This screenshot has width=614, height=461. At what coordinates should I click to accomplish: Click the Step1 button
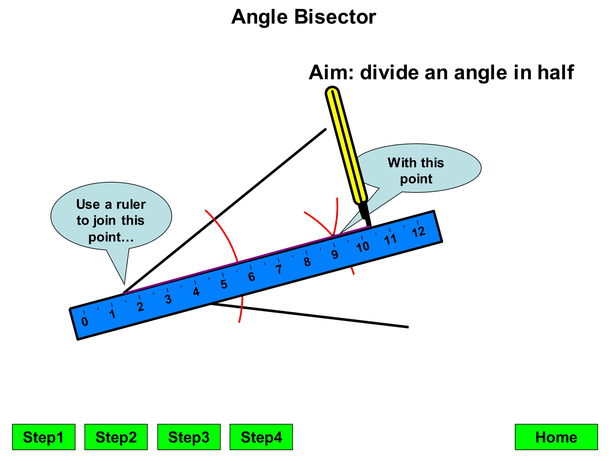click(43, 437)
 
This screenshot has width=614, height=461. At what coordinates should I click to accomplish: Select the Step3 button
click(189, 437)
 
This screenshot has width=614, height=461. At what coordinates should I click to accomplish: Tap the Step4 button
click(261, 437)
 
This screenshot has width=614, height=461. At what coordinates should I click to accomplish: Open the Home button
click(556, 437)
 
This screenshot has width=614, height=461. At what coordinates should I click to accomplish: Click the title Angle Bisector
click(303, 17)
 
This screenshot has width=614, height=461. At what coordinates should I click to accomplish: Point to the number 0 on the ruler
click(85, 321)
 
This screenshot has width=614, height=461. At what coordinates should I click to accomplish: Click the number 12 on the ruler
click(418, 232)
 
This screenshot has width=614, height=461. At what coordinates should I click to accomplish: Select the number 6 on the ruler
click(252, 277)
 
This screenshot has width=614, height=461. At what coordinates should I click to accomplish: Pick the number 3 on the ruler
click(168, 299)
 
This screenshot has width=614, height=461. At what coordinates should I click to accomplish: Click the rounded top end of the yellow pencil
click(332, 92)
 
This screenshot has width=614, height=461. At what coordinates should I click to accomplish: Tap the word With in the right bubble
click(399, 163)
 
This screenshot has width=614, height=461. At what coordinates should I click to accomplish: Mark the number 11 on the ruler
click(390, 239)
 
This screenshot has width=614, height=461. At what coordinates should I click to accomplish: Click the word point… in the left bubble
click(111, 237)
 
